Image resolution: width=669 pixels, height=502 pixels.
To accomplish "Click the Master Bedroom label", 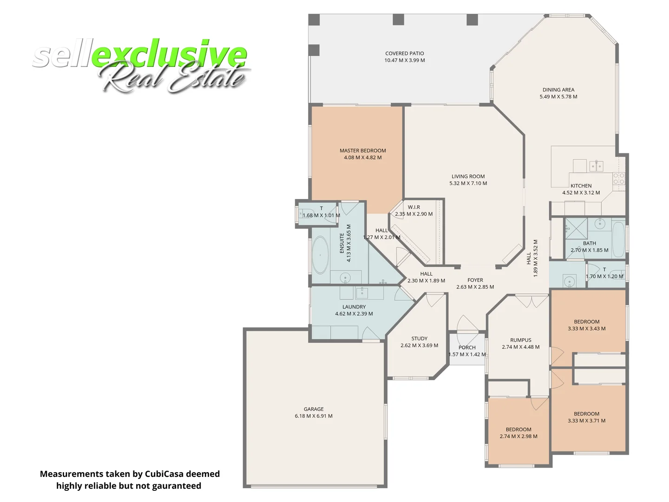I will pos(362,151).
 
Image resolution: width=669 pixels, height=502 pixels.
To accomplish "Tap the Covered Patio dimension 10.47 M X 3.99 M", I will pos(404,60).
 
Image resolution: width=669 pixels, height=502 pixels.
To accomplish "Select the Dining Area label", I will pos(558,90).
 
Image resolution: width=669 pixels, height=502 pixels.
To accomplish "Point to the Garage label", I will pos(314,409).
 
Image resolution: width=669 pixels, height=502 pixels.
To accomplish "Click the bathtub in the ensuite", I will pos(320,255).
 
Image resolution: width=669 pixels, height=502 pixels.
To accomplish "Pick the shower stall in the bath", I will pos(576,229).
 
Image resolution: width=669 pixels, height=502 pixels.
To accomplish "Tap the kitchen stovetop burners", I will pos(618,178).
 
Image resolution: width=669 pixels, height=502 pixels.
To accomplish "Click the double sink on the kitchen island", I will pos(596,165).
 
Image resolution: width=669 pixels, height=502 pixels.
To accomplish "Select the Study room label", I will pos(419,338).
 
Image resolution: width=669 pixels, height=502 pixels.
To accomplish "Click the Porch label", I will pos(467,347).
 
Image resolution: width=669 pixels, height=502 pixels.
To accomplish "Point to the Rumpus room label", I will pos(520,340).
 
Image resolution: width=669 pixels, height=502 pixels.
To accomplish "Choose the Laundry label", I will pos(354,307).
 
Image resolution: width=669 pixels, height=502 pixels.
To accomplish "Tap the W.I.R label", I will pos(413,207).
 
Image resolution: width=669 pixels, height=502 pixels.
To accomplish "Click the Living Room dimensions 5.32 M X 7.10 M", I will pos(468,183).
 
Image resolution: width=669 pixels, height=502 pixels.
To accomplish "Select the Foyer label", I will pos(475,280).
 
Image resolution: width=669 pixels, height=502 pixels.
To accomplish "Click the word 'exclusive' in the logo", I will pos(170,55).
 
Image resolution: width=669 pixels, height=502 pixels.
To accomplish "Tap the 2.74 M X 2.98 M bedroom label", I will pos(518,433).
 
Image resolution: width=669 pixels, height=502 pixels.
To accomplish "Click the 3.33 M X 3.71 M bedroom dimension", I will pos(586,421).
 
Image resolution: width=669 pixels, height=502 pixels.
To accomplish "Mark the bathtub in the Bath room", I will pos(618,239).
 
